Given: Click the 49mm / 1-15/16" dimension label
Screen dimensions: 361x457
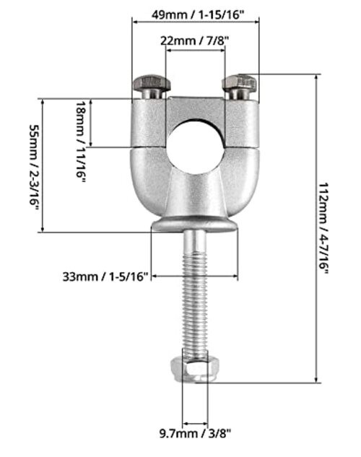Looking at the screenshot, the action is click(x=197, y=14).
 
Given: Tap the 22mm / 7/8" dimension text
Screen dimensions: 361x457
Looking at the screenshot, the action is click(x=195, y=41).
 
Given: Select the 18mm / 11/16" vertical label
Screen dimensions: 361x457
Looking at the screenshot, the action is click(x=81, y=142).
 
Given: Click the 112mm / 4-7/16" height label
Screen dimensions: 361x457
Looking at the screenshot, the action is click(x=323, y=228).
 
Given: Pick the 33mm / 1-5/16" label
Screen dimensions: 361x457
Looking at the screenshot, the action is click(x=105, y=277).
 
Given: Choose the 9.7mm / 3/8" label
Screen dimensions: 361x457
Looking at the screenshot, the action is click(x=195, y=434).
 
